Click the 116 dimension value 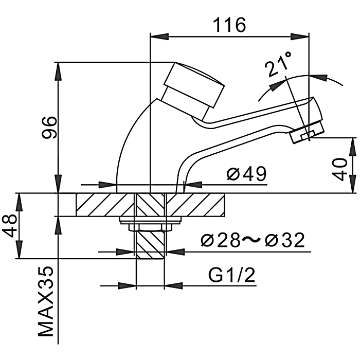230,24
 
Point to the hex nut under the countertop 150,227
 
